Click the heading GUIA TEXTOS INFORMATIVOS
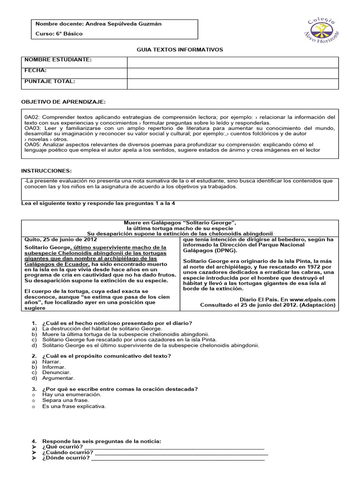coord(180,49)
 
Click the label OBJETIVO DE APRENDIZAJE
coord(64,102)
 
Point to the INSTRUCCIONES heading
coord(47,171)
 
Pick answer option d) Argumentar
coord(58,378)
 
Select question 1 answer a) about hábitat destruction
coord(102,329)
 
